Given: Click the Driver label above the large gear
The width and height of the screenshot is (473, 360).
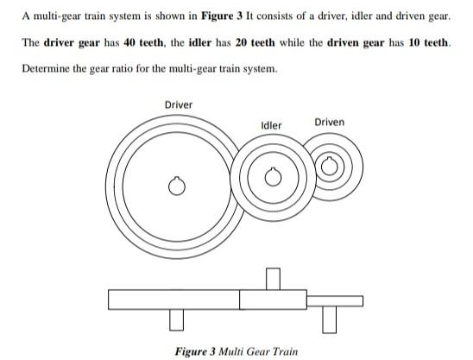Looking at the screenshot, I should click(x=178, y=105).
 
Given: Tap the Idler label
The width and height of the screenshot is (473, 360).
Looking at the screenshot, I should click(x=271, y=125).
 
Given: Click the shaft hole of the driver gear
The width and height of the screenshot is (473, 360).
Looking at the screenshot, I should click(x=177, y=186).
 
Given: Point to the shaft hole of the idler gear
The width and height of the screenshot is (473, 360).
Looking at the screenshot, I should click(x=274, y=178).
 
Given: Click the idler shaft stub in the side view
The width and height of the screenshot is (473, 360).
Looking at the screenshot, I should click(x=274, y=279).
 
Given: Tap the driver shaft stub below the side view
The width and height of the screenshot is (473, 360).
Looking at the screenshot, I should click(x=177, y=319).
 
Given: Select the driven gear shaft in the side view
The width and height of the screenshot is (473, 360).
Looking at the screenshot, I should click(x=329, y=318).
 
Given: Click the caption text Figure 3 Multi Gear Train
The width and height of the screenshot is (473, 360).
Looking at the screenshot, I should click(x=236, y=351).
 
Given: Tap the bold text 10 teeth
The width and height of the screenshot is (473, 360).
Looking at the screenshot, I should click(x=425, y=42).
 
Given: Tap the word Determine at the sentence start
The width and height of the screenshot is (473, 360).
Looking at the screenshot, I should click(x=47, y=68).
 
